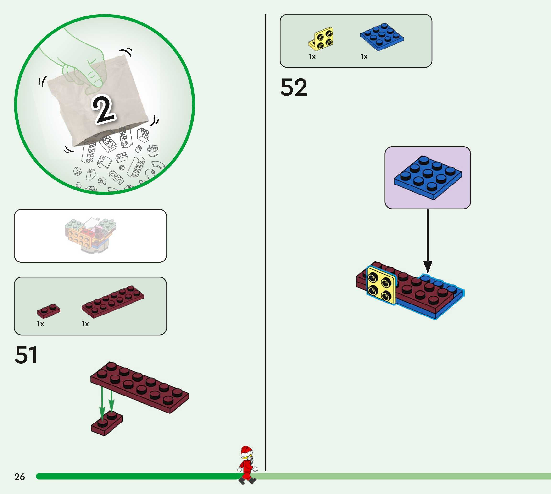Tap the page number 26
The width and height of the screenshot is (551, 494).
[20, 477]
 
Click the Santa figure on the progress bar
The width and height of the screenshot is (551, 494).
[247, 465]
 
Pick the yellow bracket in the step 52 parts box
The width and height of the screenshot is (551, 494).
[321, 39]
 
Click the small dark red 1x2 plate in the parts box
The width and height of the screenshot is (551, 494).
[48, 310]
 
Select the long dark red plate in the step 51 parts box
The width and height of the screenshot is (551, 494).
[112, 301]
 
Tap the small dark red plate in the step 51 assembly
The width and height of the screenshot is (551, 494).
[106, 423]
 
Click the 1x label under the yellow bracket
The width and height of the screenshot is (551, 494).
[312, 56]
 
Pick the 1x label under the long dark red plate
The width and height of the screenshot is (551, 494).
[85, 324]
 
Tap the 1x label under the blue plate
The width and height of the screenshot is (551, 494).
[364, 56]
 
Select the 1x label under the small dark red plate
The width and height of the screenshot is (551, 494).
[40, 324]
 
